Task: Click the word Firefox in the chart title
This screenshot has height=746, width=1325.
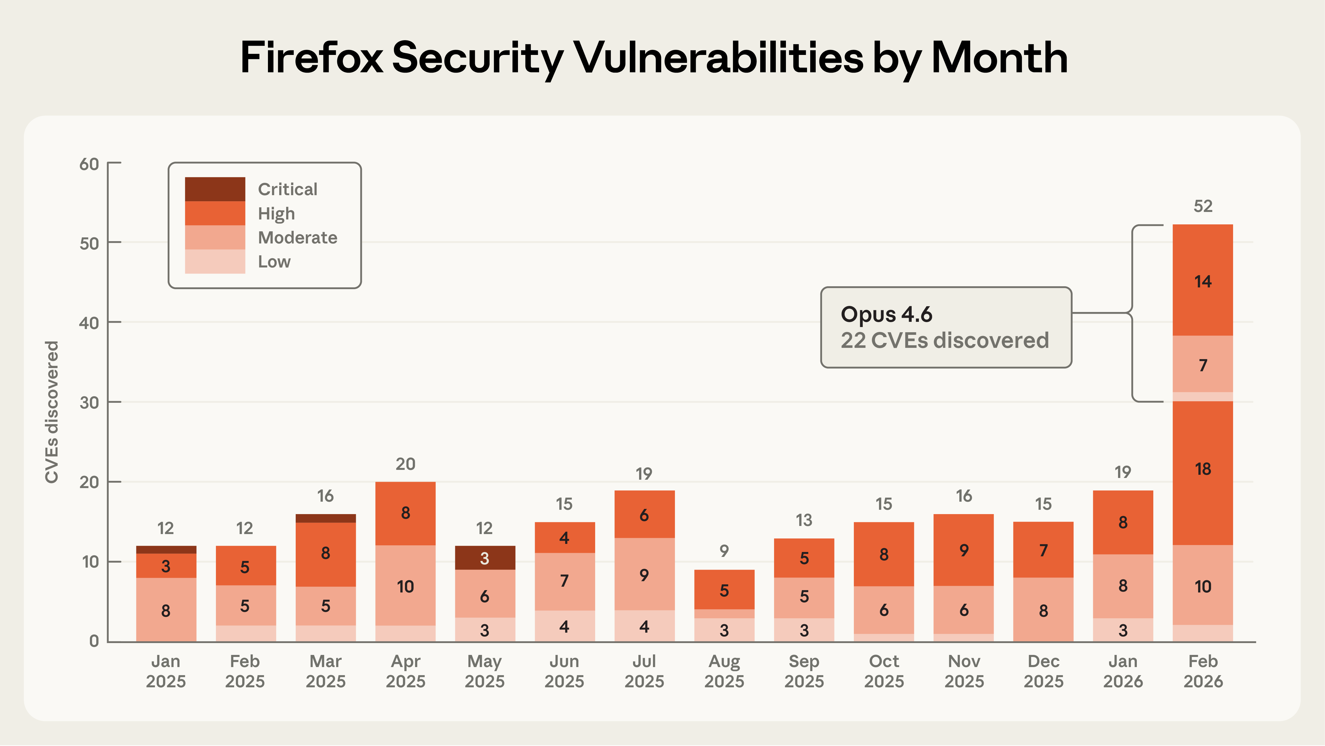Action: pyautogui.click(x=311, y=58)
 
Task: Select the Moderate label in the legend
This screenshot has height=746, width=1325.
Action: pyautogui.click(x=297, y=238)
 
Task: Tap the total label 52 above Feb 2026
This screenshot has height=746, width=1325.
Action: pyautogui.click(x=1202, y=206)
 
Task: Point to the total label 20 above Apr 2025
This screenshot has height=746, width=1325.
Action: pyautogui.click(x=405, y=464)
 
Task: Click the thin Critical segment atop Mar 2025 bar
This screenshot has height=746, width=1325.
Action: pyautogui.click(x=325, y=518)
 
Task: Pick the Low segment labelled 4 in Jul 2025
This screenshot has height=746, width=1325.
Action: pyautogui.click(x=644, y=626)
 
